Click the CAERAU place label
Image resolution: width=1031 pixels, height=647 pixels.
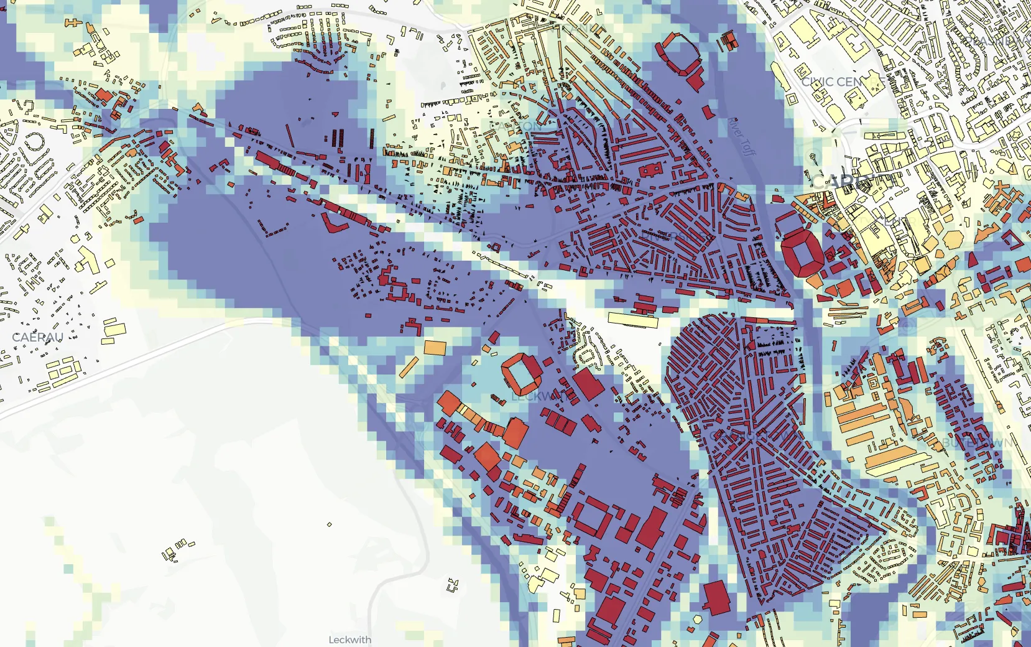(x=38, y=337)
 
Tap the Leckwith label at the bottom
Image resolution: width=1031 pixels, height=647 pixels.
(x=349, y=640)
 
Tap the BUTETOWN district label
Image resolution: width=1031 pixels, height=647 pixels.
(x=976, y=443)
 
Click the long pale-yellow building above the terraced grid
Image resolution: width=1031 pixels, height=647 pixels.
(x=633, y=320)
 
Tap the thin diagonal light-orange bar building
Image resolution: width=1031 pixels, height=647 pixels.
(x=408, y=367)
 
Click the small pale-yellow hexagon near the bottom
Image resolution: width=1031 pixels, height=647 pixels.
(x=698, y=620)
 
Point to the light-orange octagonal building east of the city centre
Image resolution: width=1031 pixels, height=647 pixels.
(x=955, y=240)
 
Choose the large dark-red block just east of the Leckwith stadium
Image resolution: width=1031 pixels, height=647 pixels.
(x=588, y=384)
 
